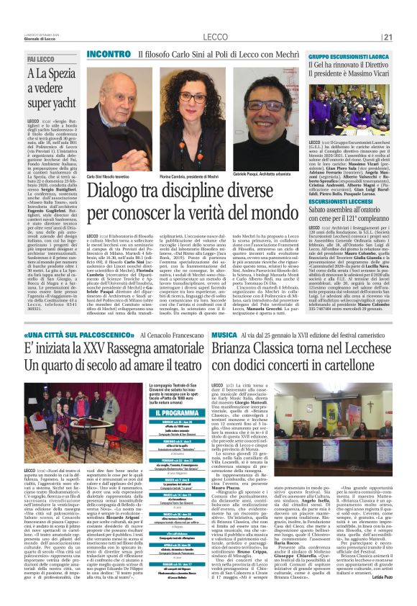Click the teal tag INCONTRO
pos(109,54)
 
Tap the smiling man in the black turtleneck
pos(265,119)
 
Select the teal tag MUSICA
pos(226,335)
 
